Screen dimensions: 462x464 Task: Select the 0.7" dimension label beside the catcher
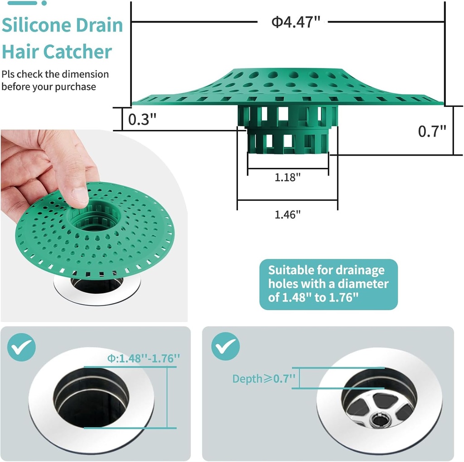pyautogui.click(x=432, y=131)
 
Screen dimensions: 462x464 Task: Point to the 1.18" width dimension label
pyautogui.click(x=288, y=177)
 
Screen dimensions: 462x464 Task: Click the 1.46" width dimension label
pyautogui.click(x=288, y=214)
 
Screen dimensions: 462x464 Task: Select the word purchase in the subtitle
pyautogui.click(x=75, y=86)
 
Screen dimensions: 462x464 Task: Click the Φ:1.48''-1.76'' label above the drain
pyautogui.click(x=143, y=358)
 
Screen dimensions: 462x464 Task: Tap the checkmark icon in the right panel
pyautogui.click(x=225, y=347)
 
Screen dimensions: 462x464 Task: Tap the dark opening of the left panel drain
pyautogui.click(x=91, y=398)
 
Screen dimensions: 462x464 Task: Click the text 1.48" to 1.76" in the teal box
pyautogui.click(x=320, y=297)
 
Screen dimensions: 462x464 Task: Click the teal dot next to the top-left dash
pyautogui.click(x=44, y=3)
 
